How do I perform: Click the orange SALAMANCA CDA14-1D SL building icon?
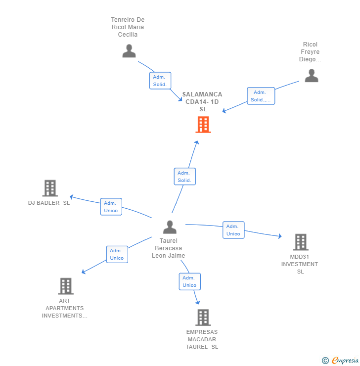pos(203,125)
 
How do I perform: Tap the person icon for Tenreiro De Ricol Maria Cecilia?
pos(129,51)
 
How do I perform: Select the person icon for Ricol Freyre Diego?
pos(311,76)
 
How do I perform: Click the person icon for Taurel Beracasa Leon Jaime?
pos(170,227)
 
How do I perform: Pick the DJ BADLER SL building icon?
pos(50,188)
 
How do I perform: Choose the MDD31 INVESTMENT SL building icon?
pos(301,242)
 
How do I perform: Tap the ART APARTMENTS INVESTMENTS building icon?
pos(65,286)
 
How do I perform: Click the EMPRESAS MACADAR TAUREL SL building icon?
pos(203,318)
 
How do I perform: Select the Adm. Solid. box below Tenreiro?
pos(160,81)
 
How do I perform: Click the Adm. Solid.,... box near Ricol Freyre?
pos(261,96)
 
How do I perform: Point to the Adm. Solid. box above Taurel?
pos(185,177)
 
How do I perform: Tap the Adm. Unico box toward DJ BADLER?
pos(111,207)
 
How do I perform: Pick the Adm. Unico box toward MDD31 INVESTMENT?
pos(233,230)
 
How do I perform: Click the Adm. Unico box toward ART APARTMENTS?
pos(117,254)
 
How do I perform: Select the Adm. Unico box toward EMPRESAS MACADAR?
pos(189,281)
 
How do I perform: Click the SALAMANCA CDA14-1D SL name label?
pos(202,101)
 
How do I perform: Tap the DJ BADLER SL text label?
pos(49,203)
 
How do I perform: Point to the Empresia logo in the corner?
pos(341,360)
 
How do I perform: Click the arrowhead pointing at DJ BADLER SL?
pos(71,197)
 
